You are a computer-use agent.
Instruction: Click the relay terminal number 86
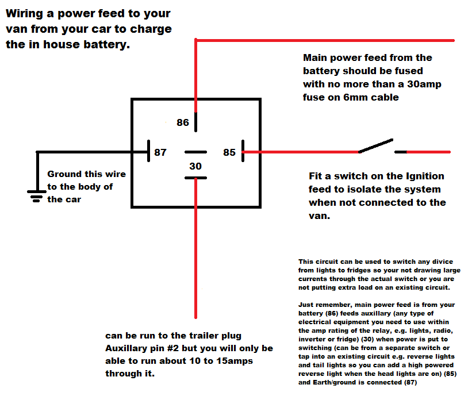183,122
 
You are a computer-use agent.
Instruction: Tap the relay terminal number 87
160,152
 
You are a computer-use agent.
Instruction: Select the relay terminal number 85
229,152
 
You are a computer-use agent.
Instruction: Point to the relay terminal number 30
195,166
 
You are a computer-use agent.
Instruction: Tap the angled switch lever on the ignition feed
376,145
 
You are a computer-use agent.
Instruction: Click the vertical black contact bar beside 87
149,152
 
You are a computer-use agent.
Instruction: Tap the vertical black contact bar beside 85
243,152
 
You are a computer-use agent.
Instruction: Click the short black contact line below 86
195,121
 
